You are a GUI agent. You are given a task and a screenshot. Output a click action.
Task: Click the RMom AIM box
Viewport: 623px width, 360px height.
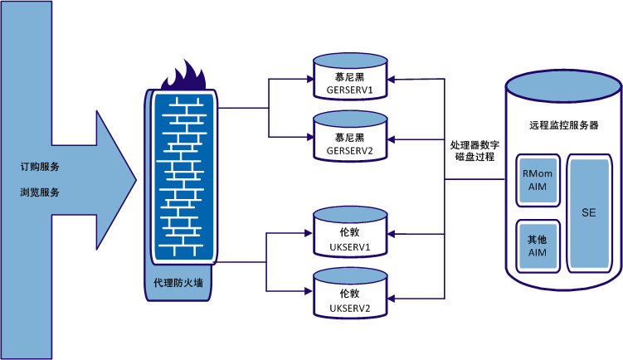(538, 181)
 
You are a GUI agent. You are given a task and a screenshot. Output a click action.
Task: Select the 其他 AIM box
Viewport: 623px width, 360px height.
(538, 246)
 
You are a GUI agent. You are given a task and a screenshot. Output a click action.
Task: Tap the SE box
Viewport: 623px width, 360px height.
(589, 212)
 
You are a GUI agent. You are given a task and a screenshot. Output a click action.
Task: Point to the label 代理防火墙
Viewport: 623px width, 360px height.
(178, 282)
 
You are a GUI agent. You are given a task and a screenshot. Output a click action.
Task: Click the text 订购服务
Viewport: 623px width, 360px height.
(40, 167)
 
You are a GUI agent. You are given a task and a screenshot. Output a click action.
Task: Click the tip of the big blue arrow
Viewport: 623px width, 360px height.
(134, 178)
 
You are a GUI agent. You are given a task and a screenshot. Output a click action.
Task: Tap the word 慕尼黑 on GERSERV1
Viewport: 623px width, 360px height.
(348, 76)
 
